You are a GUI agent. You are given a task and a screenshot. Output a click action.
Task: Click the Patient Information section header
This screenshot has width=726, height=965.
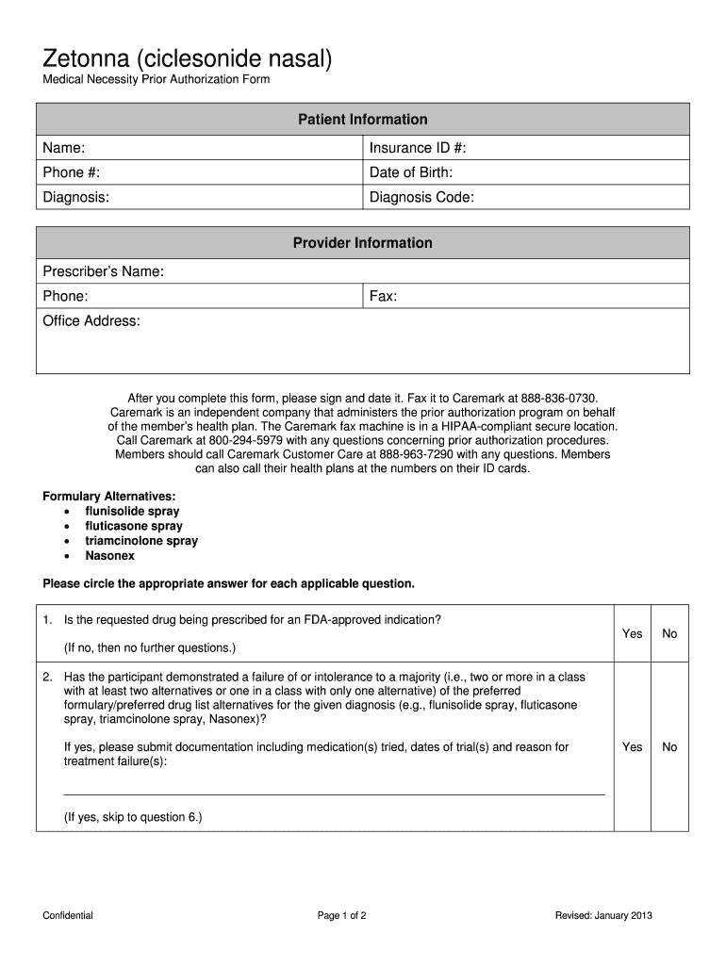click(x=363, y=120)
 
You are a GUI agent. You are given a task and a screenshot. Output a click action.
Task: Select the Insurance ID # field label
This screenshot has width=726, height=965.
click(x=418, y=148)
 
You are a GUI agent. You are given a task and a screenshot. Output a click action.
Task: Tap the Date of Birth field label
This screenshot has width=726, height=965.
click(x=411, y=172)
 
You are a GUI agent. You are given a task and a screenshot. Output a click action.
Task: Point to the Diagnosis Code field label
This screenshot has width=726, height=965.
click(x=421, y=197)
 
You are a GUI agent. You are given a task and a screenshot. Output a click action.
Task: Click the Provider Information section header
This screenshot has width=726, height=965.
click(x=363, y=243)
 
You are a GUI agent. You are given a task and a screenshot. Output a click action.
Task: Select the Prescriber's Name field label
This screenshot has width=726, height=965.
click(x=104, y=271)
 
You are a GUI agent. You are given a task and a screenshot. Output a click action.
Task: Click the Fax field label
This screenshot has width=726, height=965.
click(x=383, y=296)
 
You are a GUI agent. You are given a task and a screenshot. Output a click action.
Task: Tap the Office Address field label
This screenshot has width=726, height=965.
click(x=91, y=321)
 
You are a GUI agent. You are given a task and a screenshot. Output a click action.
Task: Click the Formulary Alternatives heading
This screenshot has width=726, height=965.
click(x=109, y=496)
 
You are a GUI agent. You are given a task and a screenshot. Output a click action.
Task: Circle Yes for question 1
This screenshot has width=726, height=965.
click(x=632, y=633)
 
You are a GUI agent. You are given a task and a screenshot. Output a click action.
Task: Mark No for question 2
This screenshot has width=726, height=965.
click(x=669, y=746)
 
